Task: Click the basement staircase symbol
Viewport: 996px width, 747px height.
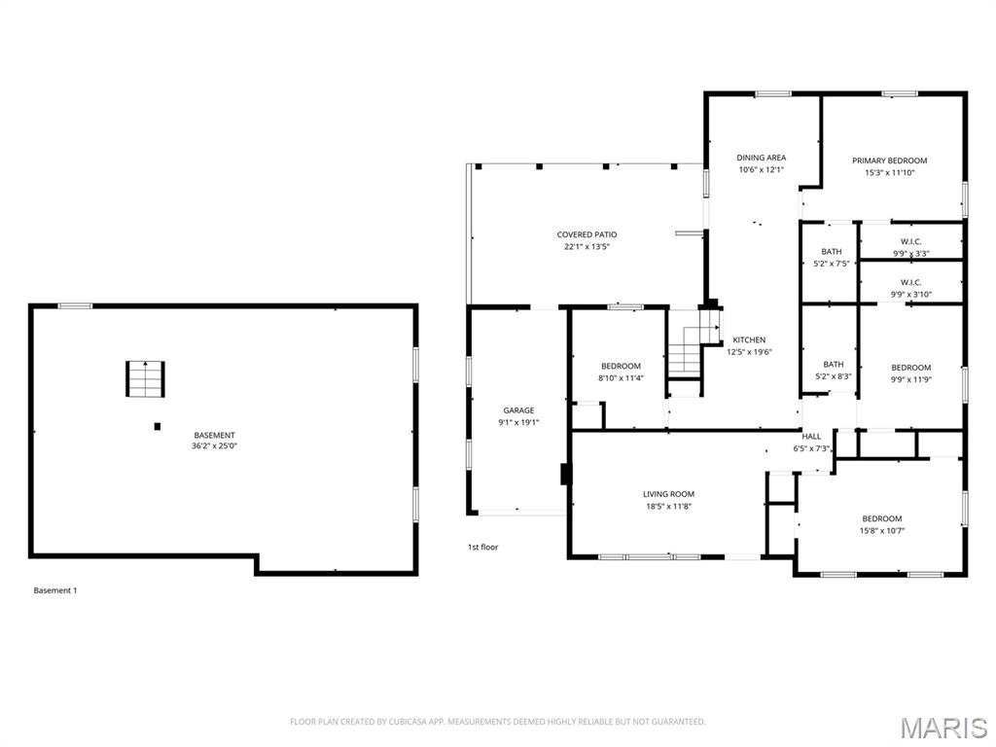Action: (145, 378)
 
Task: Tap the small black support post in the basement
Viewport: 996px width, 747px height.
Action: (157, 426)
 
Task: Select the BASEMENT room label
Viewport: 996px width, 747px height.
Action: (214, 435)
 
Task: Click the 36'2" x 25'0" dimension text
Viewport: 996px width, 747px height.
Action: (214, 445)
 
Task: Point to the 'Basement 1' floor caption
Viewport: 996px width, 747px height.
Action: (55, 590)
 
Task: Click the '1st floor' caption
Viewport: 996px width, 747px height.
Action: (482, 547)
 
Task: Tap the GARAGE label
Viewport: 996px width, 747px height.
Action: (519, 410)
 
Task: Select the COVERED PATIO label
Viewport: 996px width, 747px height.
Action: (587, 234)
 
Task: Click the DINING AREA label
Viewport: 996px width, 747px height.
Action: (761, 158)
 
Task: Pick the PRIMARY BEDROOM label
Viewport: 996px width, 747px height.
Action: (889, 160)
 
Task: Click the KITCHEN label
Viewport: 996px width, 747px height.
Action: (749, 339)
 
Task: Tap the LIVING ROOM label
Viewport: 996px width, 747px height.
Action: (668, 494)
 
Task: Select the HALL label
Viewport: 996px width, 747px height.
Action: (811, 437)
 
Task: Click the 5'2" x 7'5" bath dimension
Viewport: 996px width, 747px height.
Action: (832, 264)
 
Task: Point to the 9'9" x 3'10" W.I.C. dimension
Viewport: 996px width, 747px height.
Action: (910, 294)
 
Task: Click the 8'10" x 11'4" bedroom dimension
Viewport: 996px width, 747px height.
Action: (621, 378)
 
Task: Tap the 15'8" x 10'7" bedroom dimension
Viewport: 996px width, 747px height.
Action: (881, 530)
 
